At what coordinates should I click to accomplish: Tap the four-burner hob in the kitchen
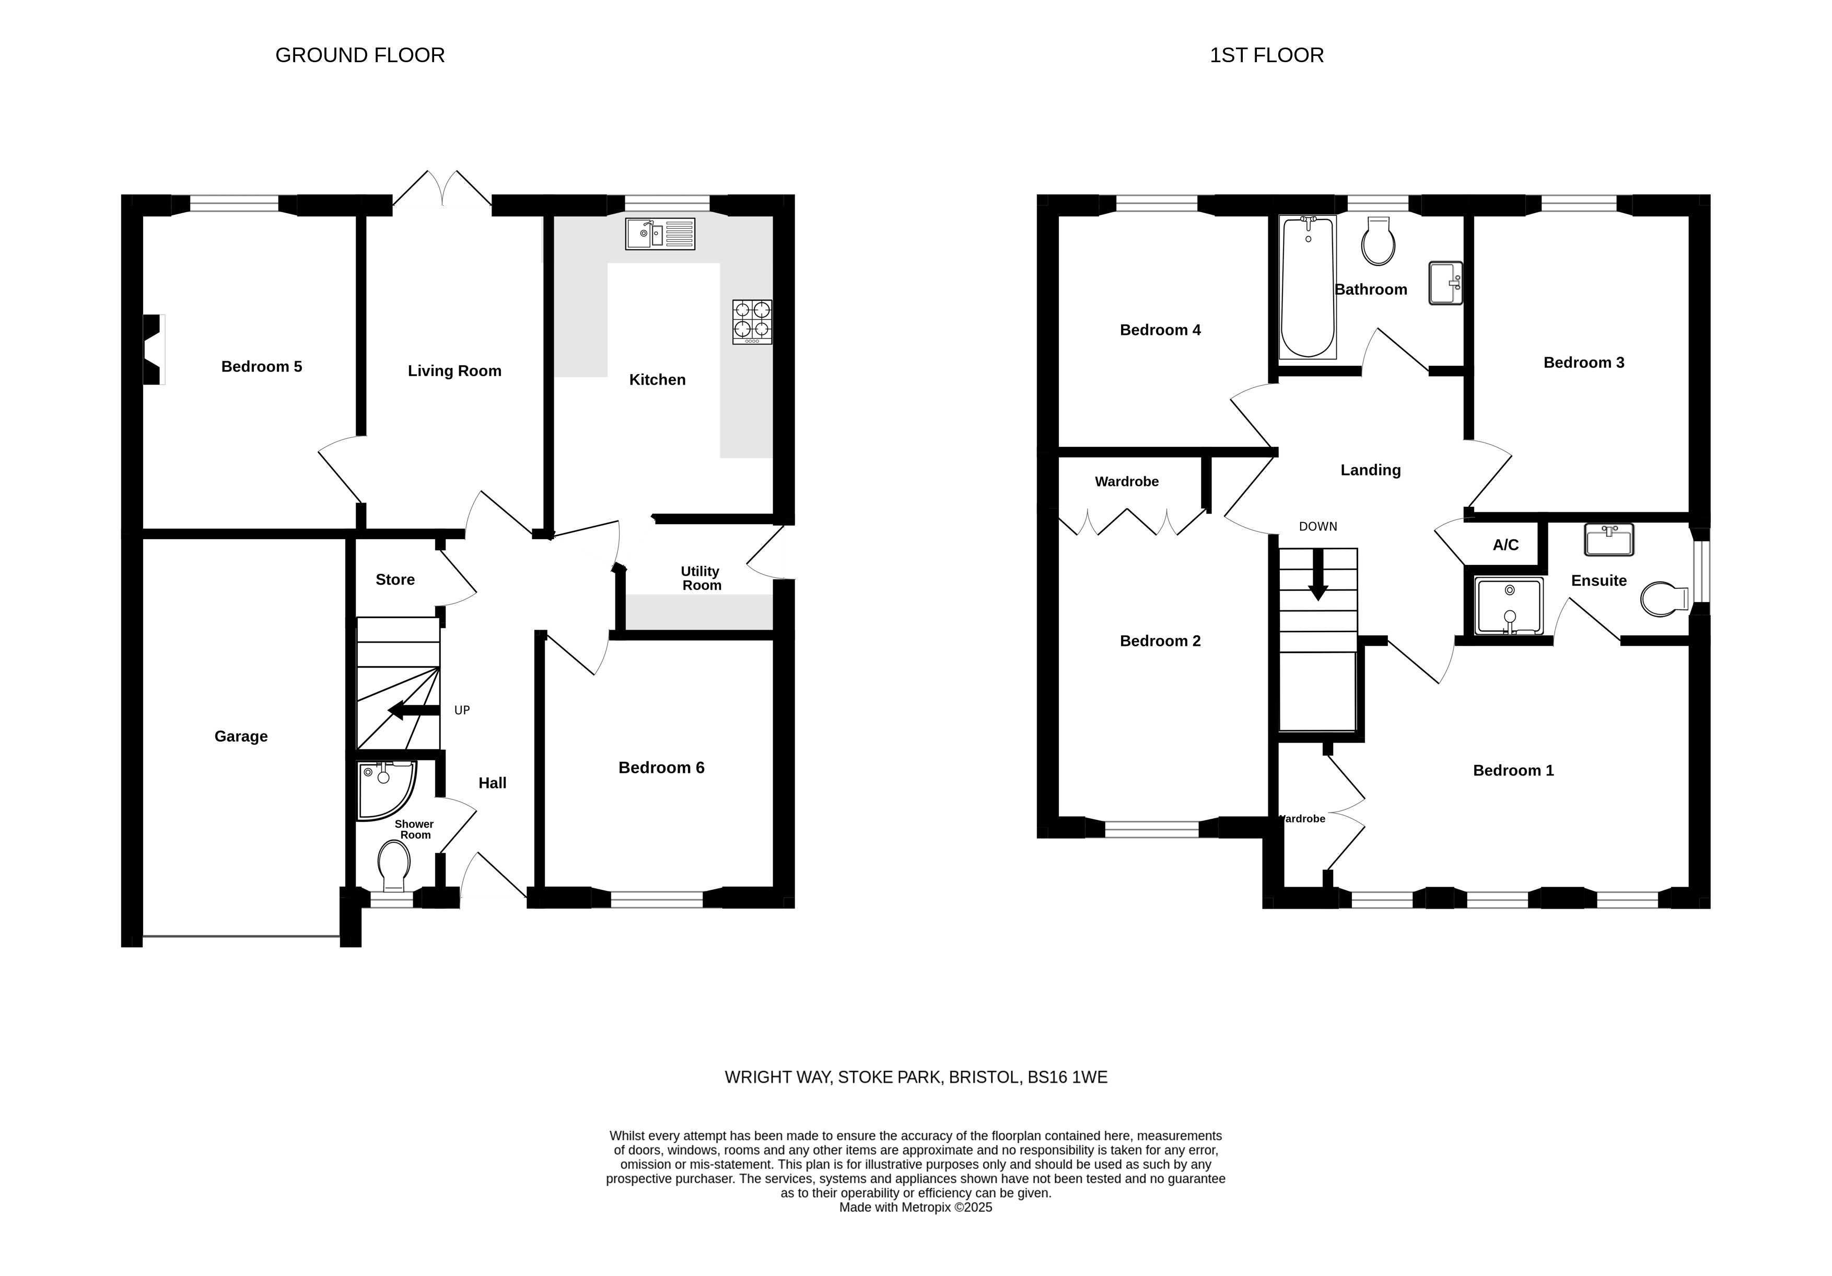[x=752, y=321]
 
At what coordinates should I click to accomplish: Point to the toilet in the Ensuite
[x=1664, y=598]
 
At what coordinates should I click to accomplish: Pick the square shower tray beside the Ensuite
[x=1509, y=606]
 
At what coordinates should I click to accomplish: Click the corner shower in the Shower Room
[x=386, y=790]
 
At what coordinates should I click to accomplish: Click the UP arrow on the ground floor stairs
[x=413, y=710]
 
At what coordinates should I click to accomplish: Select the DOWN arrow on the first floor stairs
[x=1318, y=575]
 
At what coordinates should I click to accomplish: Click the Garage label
[x=241, y=737]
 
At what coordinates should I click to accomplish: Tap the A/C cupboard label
[x=1506, y=545]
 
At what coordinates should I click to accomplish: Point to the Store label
[x=395, y=580]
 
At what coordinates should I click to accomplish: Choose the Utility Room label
[x=701, y=578]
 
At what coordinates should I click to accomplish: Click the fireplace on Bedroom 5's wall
[x=153, y=350]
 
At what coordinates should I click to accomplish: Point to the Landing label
[x=1370, y=470]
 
